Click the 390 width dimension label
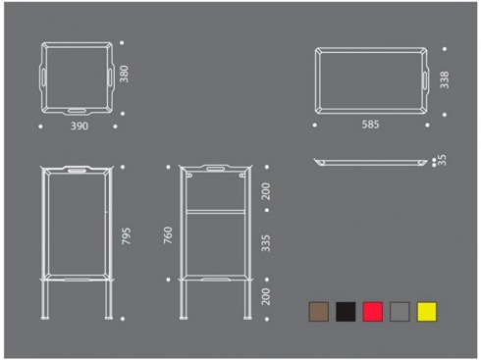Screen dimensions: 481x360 (80, 127)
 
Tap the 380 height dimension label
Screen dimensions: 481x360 (124, 74)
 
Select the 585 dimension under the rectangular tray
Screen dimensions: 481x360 (370, 125)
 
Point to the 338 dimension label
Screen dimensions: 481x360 (445, 80)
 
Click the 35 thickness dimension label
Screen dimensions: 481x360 (442, 160)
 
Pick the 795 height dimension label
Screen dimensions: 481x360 (127, 236)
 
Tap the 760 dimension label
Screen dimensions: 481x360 (168, 235)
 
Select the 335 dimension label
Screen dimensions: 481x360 (266, 243)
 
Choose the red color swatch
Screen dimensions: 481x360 (373, 312)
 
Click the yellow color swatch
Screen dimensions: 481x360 (427, 312)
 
